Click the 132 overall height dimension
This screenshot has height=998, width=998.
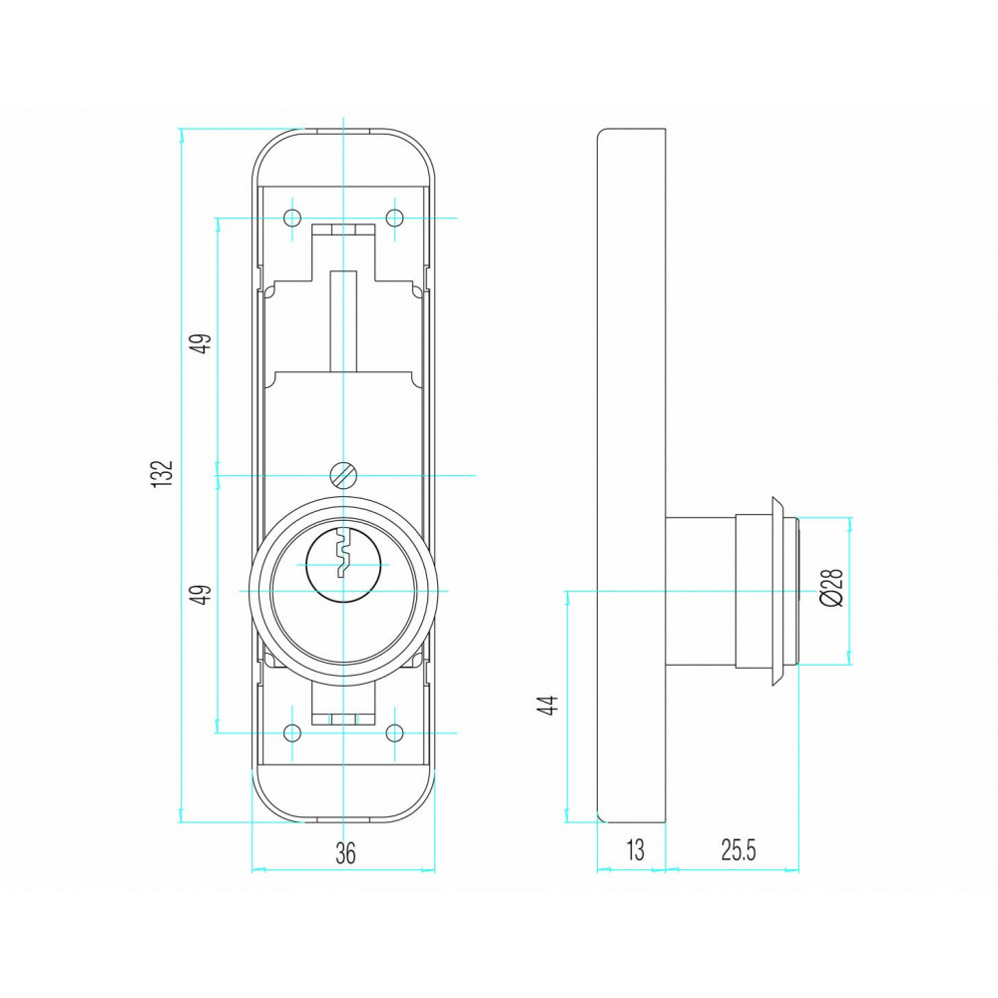(x=163, y=473)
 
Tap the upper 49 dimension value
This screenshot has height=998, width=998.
(x=203, y=344)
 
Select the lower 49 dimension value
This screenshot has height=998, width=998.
(x=203, y=595)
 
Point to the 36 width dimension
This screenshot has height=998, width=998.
(x=345, y=853)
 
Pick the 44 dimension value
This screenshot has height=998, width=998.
(x=548, y=706)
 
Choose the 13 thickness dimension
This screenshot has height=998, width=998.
(x=635, y=849)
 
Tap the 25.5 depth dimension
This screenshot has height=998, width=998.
(x=739, y=849)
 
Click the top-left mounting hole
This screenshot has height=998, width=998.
(x=292, y=219)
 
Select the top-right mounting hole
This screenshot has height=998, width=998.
(x=395, y=219)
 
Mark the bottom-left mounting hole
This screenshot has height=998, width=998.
(x=292, y=734)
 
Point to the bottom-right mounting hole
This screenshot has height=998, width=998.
(x=395, y=734)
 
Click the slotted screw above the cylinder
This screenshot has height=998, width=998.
(x=343, y=475)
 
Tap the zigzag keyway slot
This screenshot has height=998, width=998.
(x=343, y=553)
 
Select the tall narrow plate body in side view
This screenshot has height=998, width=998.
(x=632, y=475)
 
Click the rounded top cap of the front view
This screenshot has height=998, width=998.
(x=343, y=158)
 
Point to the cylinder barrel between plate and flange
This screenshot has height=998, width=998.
(x=701, y=591)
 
